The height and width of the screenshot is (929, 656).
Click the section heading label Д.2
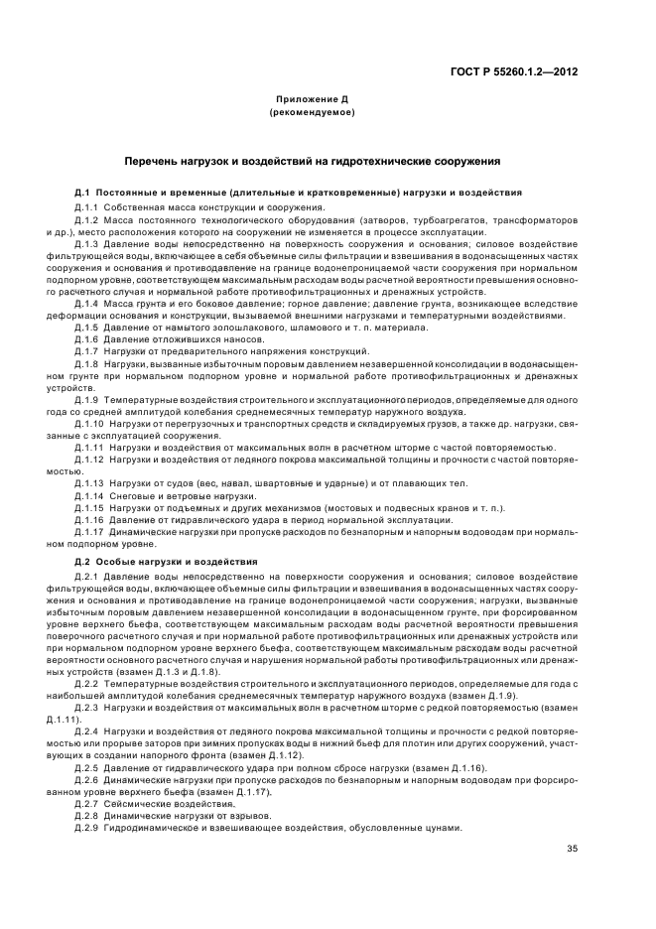83,563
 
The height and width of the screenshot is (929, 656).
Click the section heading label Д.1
83,192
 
